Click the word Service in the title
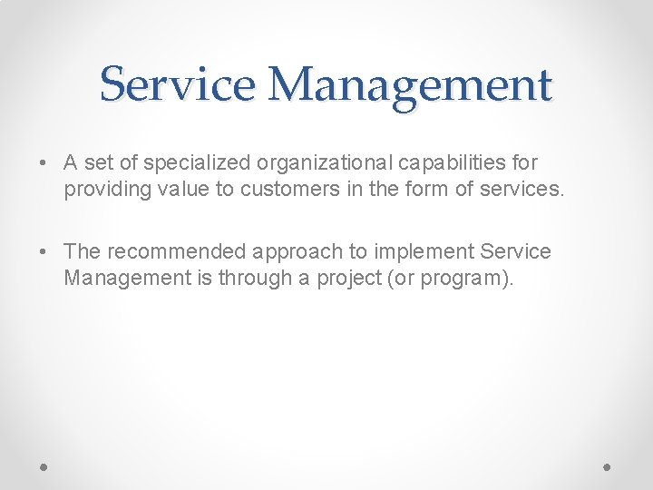coord(179,85)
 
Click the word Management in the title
coord(410,85)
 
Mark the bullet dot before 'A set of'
coord(44,164)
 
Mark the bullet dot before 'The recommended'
coord(44,252)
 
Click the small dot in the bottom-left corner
coord(44,465)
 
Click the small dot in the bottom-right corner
coord(608,465)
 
